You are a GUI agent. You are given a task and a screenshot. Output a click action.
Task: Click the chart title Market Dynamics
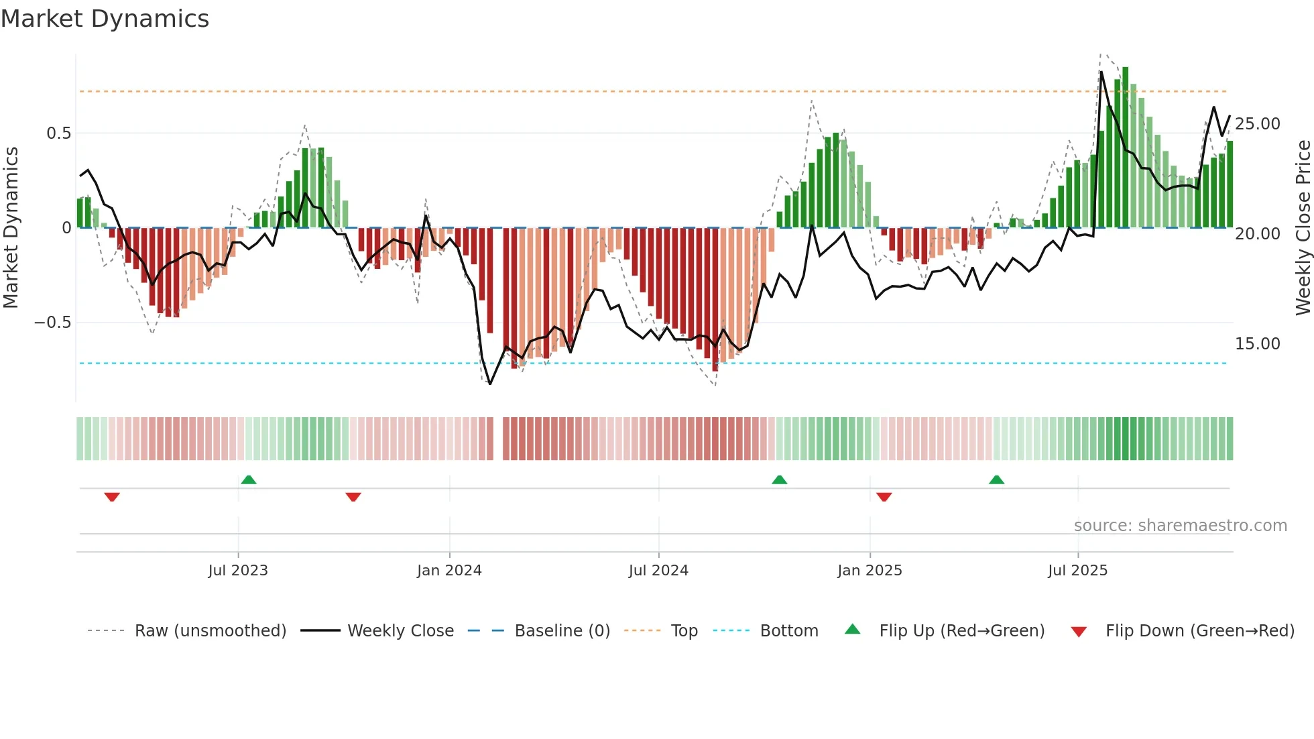click(105, 19)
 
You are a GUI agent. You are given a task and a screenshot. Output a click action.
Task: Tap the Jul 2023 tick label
click(238, 571)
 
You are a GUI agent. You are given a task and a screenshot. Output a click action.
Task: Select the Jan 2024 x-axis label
click(449, 571)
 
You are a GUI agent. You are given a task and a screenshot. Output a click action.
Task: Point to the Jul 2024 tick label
click(658, 571)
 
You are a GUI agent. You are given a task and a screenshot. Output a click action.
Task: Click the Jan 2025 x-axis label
click(870, 571)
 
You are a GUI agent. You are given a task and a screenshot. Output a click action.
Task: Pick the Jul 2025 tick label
click(1078, 571)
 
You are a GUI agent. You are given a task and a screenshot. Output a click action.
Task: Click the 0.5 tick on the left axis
click(59, 133)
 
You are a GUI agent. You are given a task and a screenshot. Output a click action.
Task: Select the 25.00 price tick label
click(1258, 124)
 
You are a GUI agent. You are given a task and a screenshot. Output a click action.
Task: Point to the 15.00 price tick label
click(1258, 344)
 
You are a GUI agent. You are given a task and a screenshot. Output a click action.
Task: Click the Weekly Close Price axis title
click(1303, 228)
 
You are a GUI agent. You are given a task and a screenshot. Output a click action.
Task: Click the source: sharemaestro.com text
click(1181, 526)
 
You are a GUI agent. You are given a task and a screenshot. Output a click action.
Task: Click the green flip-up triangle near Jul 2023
click(249, 479)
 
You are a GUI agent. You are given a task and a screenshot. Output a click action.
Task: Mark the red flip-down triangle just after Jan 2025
click(884, 497)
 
